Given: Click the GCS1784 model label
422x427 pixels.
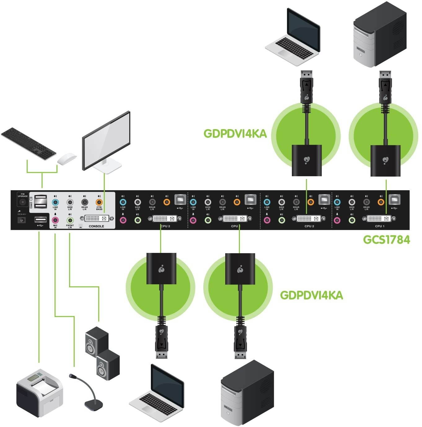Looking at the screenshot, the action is click(386, 240).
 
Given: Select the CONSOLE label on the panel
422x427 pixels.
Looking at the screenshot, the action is click(96, 226).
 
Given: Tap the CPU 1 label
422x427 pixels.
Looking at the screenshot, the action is click(380, 226).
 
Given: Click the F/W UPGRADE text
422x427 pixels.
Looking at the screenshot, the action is click(23, 195).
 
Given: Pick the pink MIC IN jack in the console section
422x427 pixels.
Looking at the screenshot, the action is click(55, 220).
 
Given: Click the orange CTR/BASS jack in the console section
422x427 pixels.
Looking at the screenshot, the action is click(99, 202).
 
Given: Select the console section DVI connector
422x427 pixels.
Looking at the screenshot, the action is click(97, 218).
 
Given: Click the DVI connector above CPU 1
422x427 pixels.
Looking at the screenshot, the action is click(379, 219).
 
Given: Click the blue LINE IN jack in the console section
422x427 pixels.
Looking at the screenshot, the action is click(55, 202).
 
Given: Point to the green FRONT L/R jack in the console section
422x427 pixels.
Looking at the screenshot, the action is click(70, 220).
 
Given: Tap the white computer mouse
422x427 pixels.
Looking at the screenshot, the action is click(67, 159).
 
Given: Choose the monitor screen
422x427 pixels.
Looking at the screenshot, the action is click(106, 140).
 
